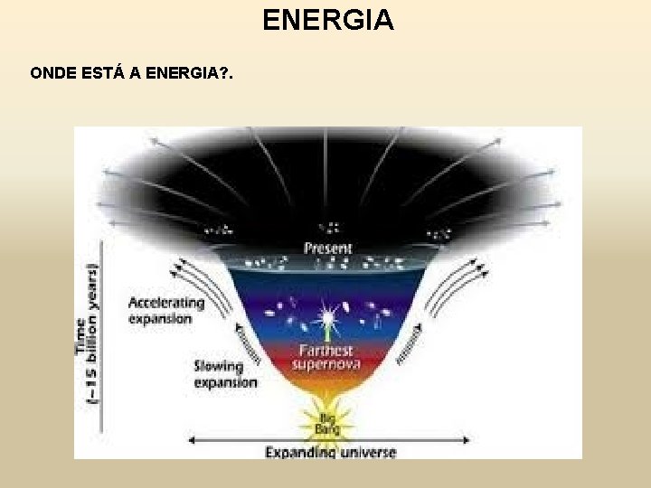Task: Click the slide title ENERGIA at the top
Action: tap(328, 19)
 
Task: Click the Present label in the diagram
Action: tap(328, 248)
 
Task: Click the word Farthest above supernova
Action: tap(326, 350)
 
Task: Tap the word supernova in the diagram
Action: tap(326, 364)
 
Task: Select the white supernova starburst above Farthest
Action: tap(326, 318)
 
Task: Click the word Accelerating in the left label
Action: tap(166, 304)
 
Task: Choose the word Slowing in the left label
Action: tap(219, 367)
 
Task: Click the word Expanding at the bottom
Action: tap(299, 451)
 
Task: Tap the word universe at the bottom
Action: tap(366, 451)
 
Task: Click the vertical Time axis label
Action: tap(87, 334)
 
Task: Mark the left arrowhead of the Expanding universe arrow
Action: tap(191, 440)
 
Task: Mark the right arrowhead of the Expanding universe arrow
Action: tap(467, 440)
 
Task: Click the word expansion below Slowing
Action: tap(226, 382)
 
